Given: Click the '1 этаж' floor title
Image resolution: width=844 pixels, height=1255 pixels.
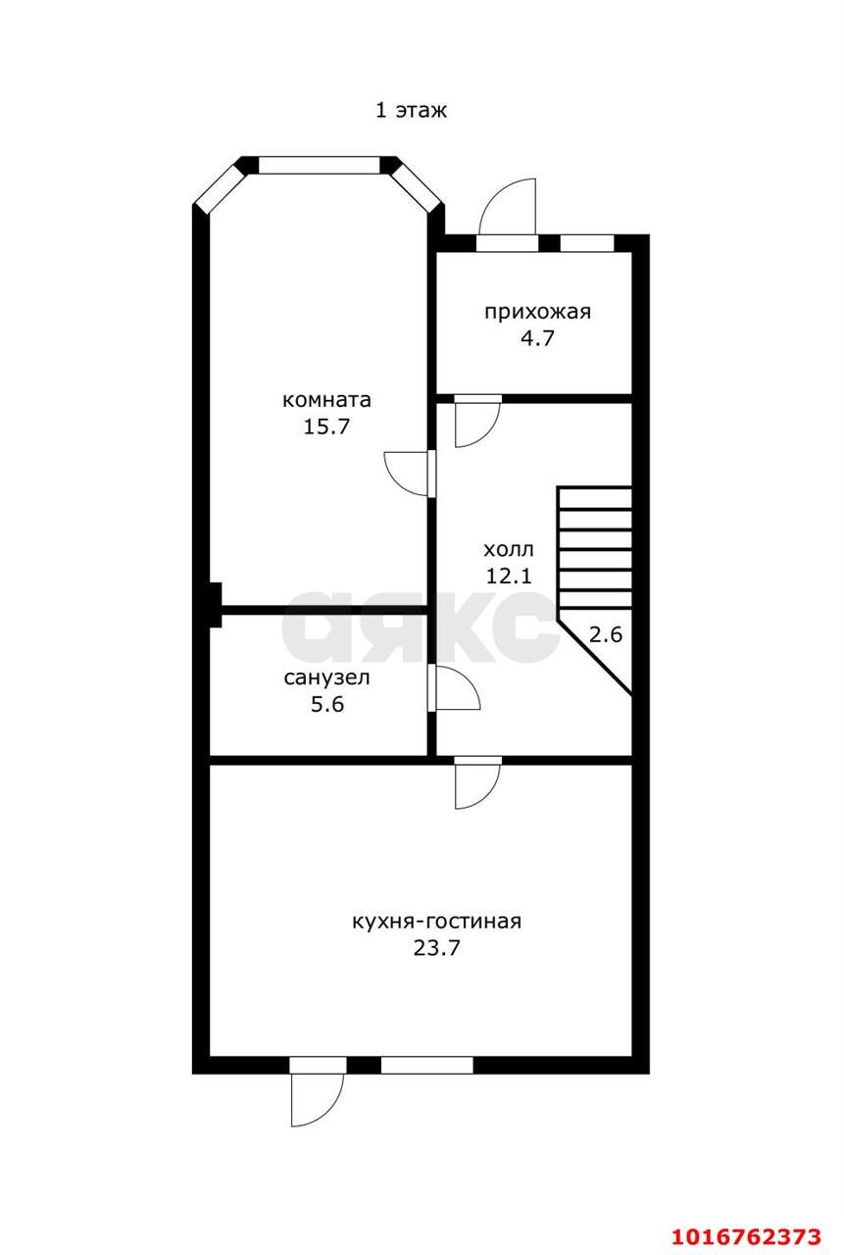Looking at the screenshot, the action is (411, 111).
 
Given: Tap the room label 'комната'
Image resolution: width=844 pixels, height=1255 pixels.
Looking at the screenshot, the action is (326, 400).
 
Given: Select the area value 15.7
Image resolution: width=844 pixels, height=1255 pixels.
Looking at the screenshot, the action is (326, 427).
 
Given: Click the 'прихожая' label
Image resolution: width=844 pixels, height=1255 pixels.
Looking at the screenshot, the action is (537, 312).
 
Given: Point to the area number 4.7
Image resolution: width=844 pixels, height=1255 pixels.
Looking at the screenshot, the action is (537, 338).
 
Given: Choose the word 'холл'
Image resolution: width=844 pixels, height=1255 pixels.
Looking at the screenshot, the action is (509, 550).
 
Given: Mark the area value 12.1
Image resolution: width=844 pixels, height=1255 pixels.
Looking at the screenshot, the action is (509, 576).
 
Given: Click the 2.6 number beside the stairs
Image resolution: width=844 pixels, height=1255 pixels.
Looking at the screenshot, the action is (606, 634).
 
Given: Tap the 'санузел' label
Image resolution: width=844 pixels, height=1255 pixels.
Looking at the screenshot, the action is (327, 678).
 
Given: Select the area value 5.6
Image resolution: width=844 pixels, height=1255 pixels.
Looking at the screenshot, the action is (327, 704).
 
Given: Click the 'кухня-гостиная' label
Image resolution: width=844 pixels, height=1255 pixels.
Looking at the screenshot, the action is (437, 921).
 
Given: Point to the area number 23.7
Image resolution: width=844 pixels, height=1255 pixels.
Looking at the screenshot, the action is (437, 948).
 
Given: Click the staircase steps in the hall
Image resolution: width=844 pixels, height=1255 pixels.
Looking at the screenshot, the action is (595, 548).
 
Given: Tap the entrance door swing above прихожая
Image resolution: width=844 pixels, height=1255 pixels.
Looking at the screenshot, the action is (508, 207).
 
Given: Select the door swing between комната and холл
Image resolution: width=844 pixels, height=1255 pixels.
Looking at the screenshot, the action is (407, 474).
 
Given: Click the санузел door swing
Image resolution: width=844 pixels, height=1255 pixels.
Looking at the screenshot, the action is (457, 688).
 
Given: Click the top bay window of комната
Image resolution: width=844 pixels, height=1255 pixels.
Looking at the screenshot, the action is (320, 166).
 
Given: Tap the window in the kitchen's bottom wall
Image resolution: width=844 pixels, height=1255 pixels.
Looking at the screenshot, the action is (426, 1065).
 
